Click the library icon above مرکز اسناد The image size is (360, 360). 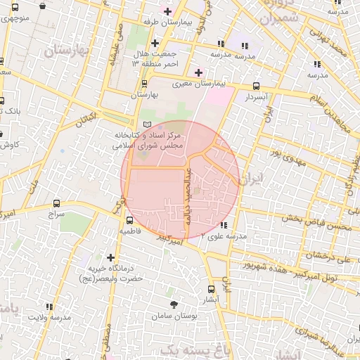coord(147,124)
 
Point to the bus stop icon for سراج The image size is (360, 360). coord(56,203)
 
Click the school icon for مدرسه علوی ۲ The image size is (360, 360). coord(223,225)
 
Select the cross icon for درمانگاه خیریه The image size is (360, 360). coord(110,257)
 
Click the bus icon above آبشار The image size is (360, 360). coord(212,289)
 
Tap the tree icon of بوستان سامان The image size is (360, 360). coord(174,304)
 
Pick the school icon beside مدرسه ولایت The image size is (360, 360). coord(49,307)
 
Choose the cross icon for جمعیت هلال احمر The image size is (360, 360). coord(155,43)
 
